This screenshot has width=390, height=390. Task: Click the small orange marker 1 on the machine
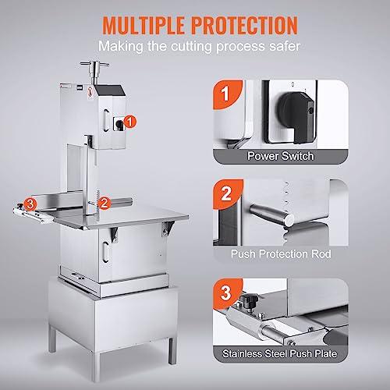(130, 121)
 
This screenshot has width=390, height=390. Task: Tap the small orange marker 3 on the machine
(30, 204)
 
